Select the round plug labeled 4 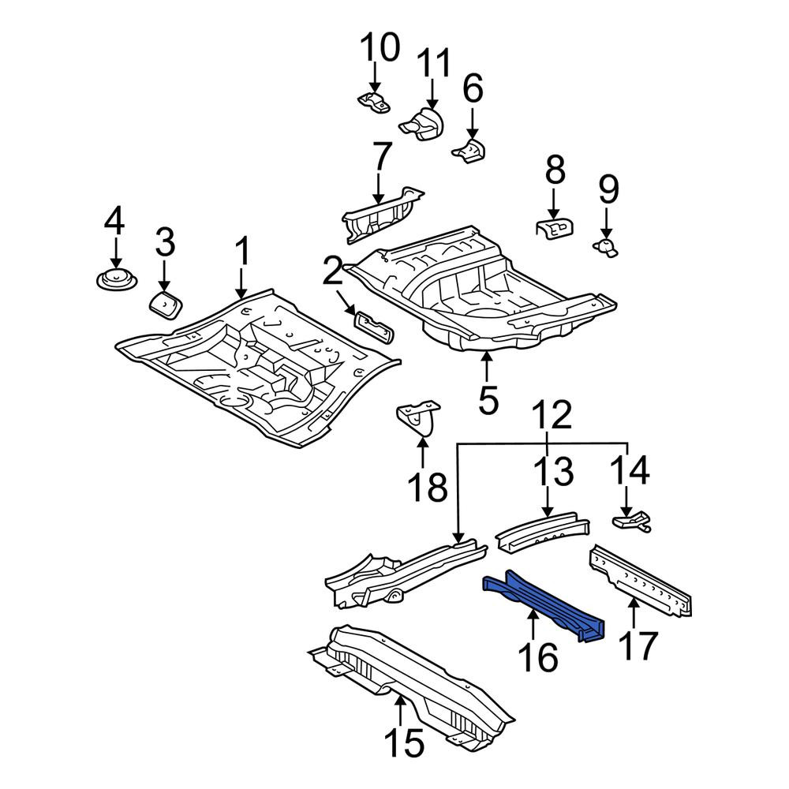(116, 279)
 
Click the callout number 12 (552, 415)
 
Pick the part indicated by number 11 (424, 124)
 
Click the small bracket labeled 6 (469, 151)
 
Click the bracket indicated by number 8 (555, 229)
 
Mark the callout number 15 (404, 741)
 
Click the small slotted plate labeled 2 (374, 326)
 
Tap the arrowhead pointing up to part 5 (486, 358)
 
